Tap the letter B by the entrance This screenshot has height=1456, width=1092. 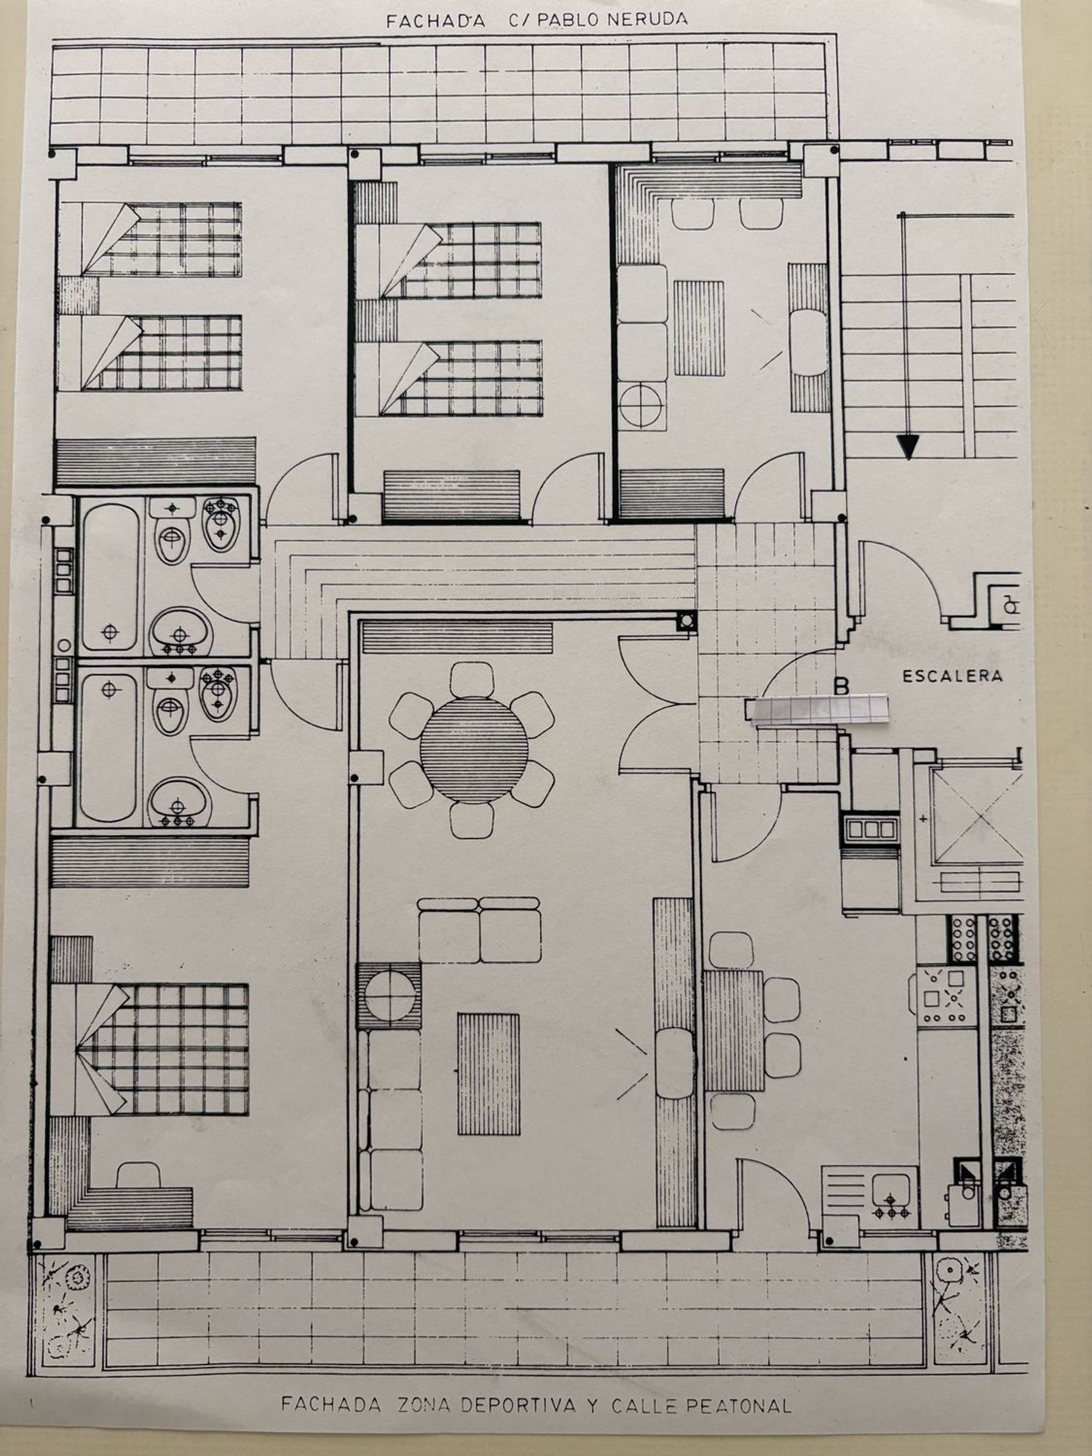(x=842, y=686)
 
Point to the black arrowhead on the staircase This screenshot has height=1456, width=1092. (x=907, y=446)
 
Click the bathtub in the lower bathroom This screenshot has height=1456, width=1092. (x=108, y=748)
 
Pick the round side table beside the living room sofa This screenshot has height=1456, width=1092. (x=389, y=994)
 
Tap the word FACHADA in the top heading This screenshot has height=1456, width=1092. (x=435, y=21)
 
